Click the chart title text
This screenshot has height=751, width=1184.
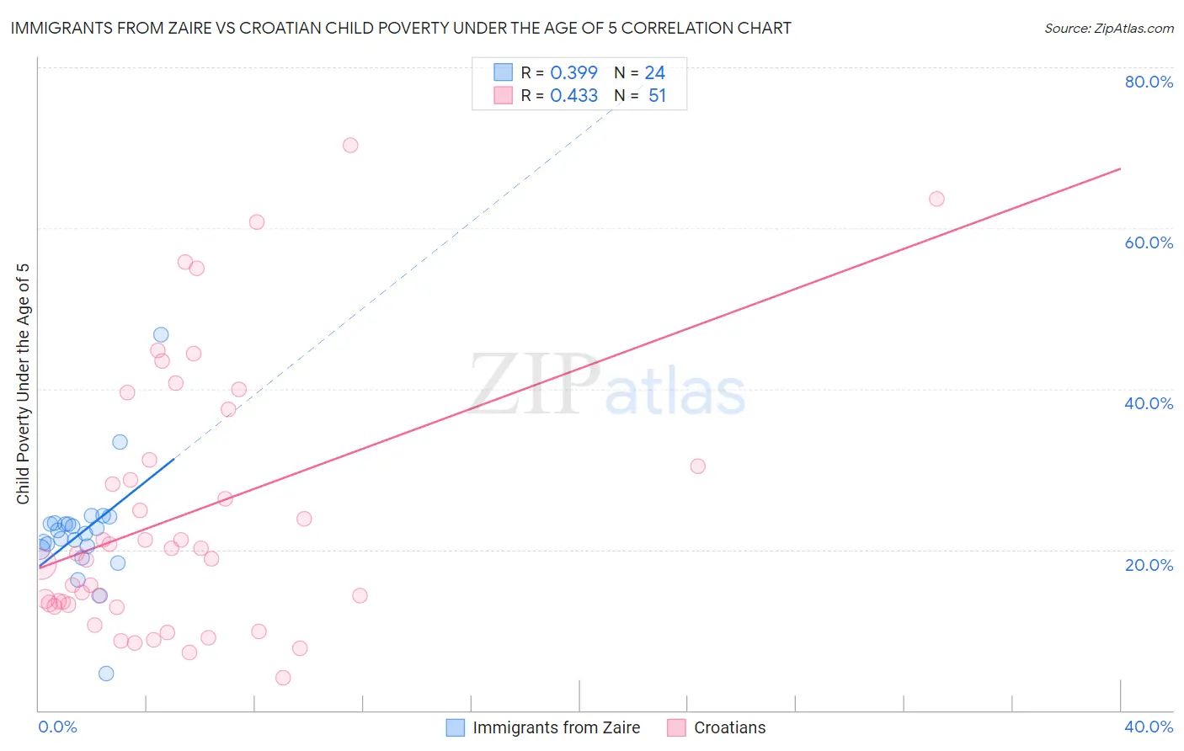point(401,28)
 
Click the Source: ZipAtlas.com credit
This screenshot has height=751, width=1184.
point(1108,28)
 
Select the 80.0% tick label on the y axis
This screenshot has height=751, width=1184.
point(1149,82)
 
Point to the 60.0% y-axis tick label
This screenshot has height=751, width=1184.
point(1149,242)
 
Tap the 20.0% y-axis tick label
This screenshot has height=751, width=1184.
point(1149,564)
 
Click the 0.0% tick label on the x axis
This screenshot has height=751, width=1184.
point(57,727)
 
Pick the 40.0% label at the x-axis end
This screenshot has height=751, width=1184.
point(1149,727)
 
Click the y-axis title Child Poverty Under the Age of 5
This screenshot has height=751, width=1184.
point(24,384)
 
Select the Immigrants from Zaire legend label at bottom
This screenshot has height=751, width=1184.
point(556,727)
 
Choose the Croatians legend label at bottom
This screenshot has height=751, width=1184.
point(729,727)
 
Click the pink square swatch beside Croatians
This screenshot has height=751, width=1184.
point(676,727)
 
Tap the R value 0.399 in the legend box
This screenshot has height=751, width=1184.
point(573,73)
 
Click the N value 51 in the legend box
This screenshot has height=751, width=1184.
point(657,96)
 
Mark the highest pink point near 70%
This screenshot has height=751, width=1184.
point(350,145)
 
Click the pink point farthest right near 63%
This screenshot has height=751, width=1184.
point(936,199)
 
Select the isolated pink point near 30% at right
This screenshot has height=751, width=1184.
point(697,466)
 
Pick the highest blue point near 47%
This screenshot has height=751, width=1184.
point(161,334)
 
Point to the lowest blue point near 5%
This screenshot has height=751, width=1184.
point(106,673)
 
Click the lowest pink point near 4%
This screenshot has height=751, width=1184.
point(283,678)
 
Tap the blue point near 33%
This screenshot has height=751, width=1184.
point(120,442)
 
